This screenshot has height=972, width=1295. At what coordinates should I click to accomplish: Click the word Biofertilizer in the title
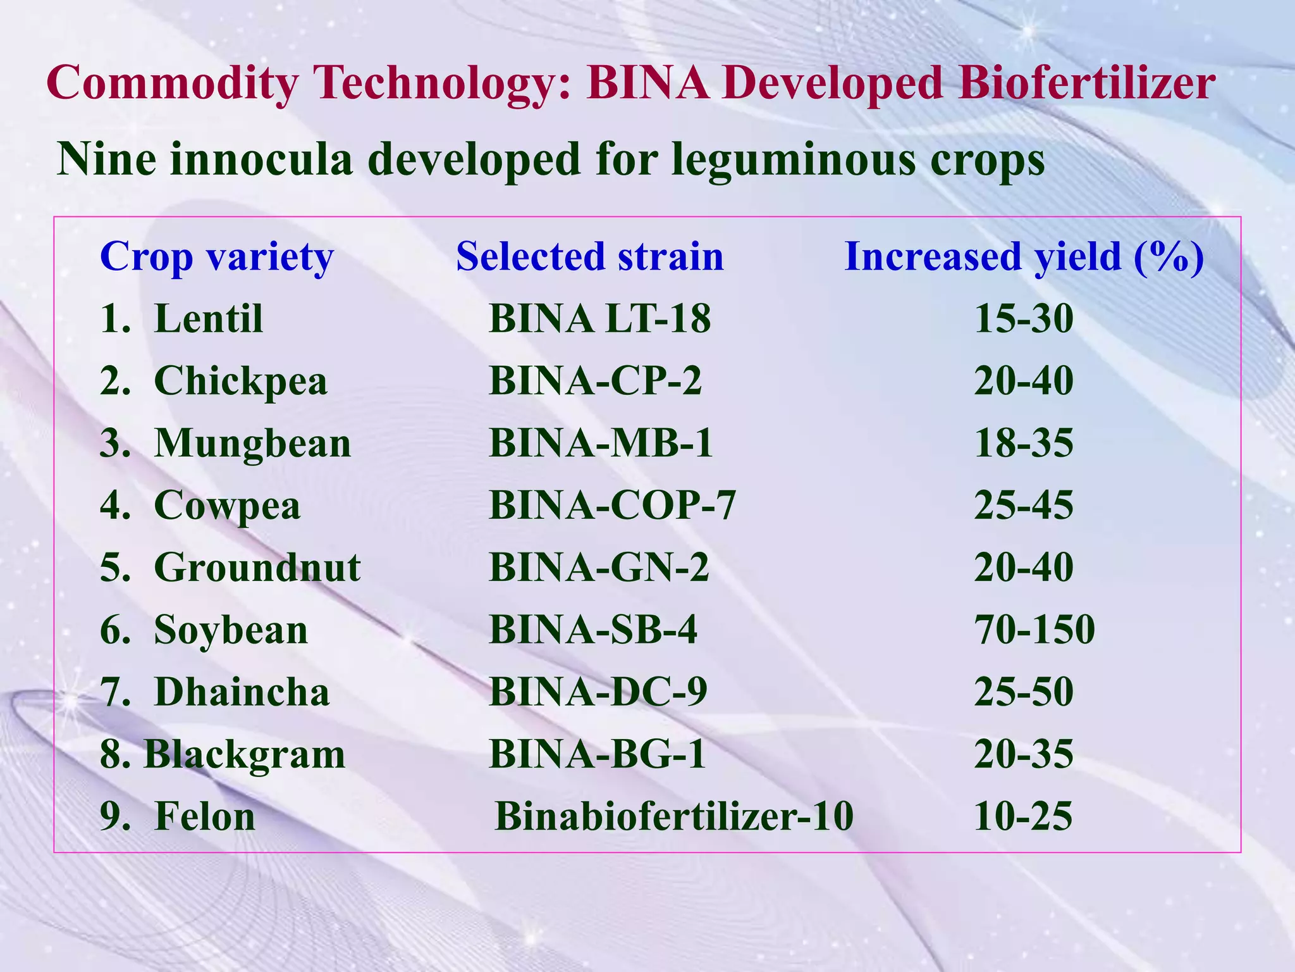(1086, 84)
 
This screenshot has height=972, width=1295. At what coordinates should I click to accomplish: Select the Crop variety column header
(217, 258)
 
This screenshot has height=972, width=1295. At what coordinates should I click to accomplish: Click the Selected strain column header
(589, 256)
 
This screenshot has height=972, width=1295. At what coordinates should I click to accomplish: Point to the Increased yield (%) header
(1024, 256)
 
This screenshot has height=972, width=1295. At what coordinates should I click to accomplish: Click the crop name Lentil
(208, 318)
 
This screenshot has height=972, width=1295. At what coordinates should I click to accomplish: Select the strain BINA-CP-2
(595, 380)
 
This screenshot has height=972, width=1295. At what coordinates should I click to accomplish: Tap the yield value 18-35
(1023, 442)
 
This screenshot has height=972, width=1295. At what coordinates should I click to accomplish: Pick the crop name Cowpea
(227, 506)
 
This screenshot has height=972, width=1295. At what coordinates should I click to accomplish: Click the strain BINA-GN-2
(599, 566)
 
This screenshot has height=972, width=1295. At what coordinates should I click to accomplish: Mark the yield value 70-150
(1034, 629)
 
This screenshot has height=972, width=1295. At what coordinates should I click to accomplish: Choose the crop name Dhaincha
(242, 691)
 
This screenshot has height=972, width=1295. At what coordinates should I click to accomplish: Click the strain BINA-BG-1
(597, 754)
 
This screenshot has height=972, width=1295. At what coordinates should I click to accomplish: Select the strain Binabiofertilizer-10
(673, 816)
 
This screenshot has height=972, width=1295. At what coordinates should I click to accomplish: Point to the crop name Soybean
(231, 630)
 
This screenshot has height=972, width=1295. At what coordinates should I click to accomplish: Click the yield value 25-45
(1023, 505)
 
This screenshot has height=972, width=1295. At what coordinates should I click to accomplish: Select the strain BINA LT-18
(599, 318)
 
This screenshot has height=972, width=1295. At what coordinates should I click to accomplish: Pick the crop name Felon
(204, 816)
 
